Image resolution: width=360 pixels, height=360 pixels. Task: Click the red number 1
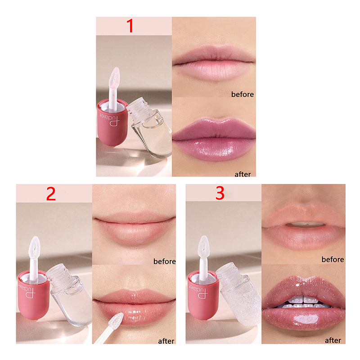(x=130, y=26)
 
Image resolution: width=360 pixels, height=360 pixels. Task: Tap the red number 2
(x=51, y=193)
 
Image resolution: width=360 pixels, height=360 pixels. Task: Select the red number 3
(x=220, y=193)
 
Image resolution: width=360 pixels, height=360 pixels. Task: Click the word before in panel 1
(x=243, y=94)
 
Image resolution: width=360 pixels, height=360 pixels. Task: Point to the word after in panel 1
(x=243, y=174)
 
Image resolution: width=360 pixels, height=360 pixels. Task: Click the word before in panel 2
(x=164, y=261)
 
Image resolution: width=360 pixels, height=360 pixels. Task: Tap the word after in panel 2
(x=166, y=341)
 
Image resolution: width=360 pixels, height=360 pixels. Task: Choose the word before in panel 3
(x=333, y=260)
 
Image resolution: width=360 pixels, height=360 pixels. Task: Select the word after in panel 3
(x=333, y=340)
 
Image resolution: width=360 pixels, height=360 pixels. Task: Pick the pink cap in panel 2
(x=33, y=296)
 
